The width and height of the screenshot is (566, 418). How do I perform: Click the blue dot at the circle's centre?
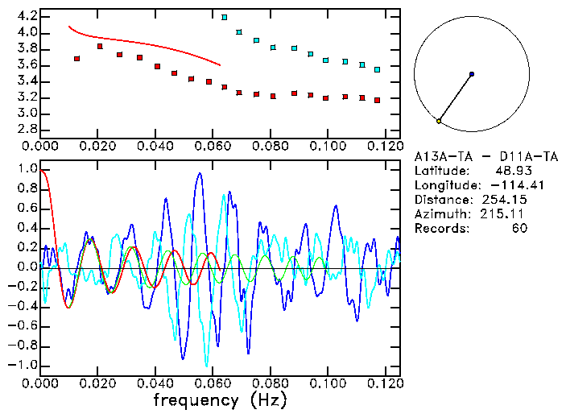(x=472, y=74)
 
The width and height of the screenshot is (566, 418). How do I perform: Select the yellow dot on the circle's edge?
(x=439, y=121)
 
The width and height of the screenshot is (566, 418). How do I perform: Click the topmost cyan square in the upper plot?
(x=225, y=17)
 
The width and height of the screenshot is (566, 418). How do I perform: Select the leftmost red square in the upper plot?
(x=76, y=59)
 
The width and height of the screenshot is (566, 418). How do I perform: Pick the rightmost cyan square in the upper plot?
(x=377, y=70)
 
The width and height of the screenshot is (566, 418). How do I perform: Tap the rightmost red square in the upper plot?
(x=377, y=100)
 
